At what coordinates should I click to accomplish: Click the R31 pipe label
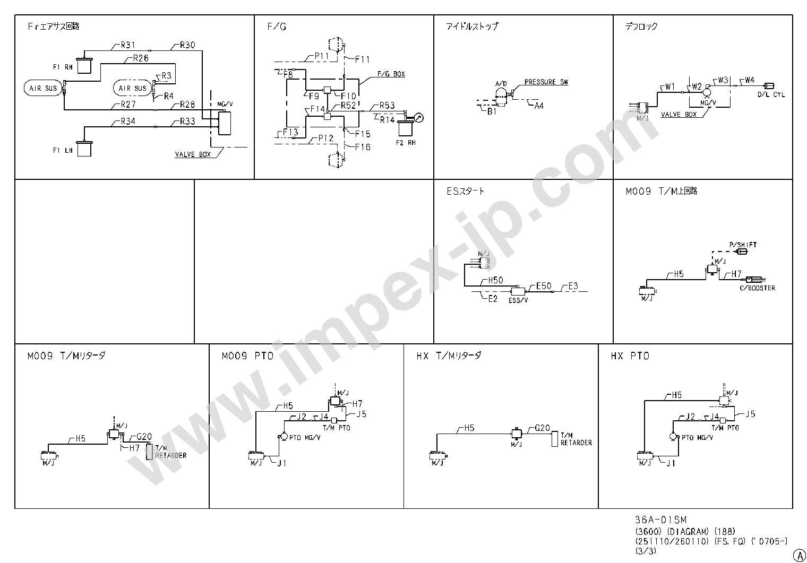[x=127, y=45]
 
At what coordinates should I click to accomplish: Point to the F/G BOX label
[x=391, y=74]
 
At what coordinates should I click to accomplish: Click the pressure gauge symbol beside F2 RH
[x=419, y=118]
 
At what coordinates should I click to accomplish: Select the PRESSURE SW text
[x=546, y=82]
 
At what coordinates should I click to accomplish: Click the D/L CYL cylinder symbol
[x=769, y=85]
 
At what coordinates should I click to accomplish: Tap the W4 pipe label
[x=749, y=80]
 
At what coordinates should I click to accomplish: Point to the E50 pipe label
[x=543, y=286]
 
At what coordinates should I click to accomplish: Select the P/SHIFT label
[x=743, y=245]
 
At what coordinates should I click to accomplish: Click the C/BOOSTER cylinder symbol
[x=756, y=280]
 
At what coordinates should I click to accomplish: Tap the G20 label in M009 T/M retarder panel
[x=144, y=437]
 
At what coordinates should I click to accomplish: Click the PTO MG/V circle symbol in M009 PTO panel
[x=281, y=436]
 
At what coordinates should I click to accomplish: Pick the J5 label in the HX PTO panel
[x=750, y=414]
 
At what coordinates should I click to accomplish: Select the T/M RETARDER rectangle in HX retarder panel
[x=555, y=439]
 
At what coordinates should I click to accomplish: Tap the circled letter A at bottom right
[x=799, y=554]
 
